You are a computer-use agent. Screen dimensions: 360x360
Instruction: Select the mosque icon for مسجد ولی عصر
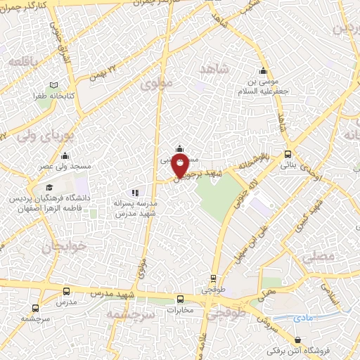click(x=65, y=155)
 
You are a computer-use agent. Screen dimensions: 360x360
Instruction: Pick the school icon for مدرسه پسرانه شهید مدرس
click(x=135, y=191)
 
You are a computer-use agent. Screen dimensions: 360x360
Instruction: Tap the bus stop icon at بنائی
click(x=288, y=155)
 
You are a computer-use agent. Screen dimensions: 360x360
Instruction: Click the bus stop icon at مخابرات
click(x=180, y=298)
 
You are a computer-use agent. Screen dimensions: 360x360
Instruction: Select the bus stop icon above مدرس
click(x=66, y=291)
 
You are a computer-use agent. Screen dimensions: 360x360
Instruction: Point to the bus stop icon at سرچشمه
click(x=35, y=307)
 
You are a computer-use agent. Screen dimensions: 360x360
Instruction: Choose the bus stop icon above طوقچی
click(x=214, y=278)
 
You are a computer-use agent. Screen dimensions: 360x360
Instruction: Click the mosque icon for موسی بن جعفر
click(x=264, y=71)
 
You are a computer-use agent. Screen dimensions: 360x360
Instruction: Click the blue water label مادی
click(x=303, y=319)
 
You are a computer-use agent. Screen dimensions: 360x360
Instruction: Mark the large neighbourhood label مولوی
click(x=156, y=85)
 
